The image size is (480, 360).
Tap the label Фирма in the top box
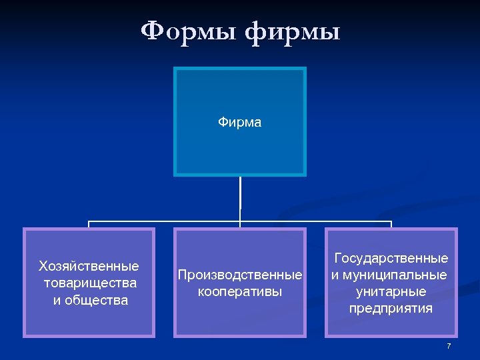pyautogui.click(x=239, y=123)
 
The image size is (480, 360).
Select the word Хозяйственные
pyautogui.click(x=89, y=267)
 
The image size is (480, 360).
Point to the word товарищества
pyautogui.click(x=89, y=283)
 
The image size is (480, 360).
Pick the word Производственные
pyautogui.click(x=239, y=275)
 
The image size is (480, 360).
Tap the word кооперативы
pyautogui.click(x=239, y=292)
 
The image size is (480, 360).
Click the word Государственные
pyautogui.click(x=391, y=258)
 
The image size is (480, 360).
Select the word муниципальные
pyautogui.click(x=396, y=275)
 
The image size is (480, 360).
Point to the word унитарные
pyautogui.click(x=391, y=292)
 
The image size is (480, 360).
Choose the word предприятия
pyautogui.click(x=391, y=309)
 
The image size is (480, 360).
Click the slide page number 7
pyautogui.click(x=449, y=346)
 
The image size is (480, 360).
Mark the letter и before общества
pyautogui.click(x=57, y=301)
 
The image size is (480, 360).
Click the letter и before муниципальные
pyautogui.click(x=335, y=275)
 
